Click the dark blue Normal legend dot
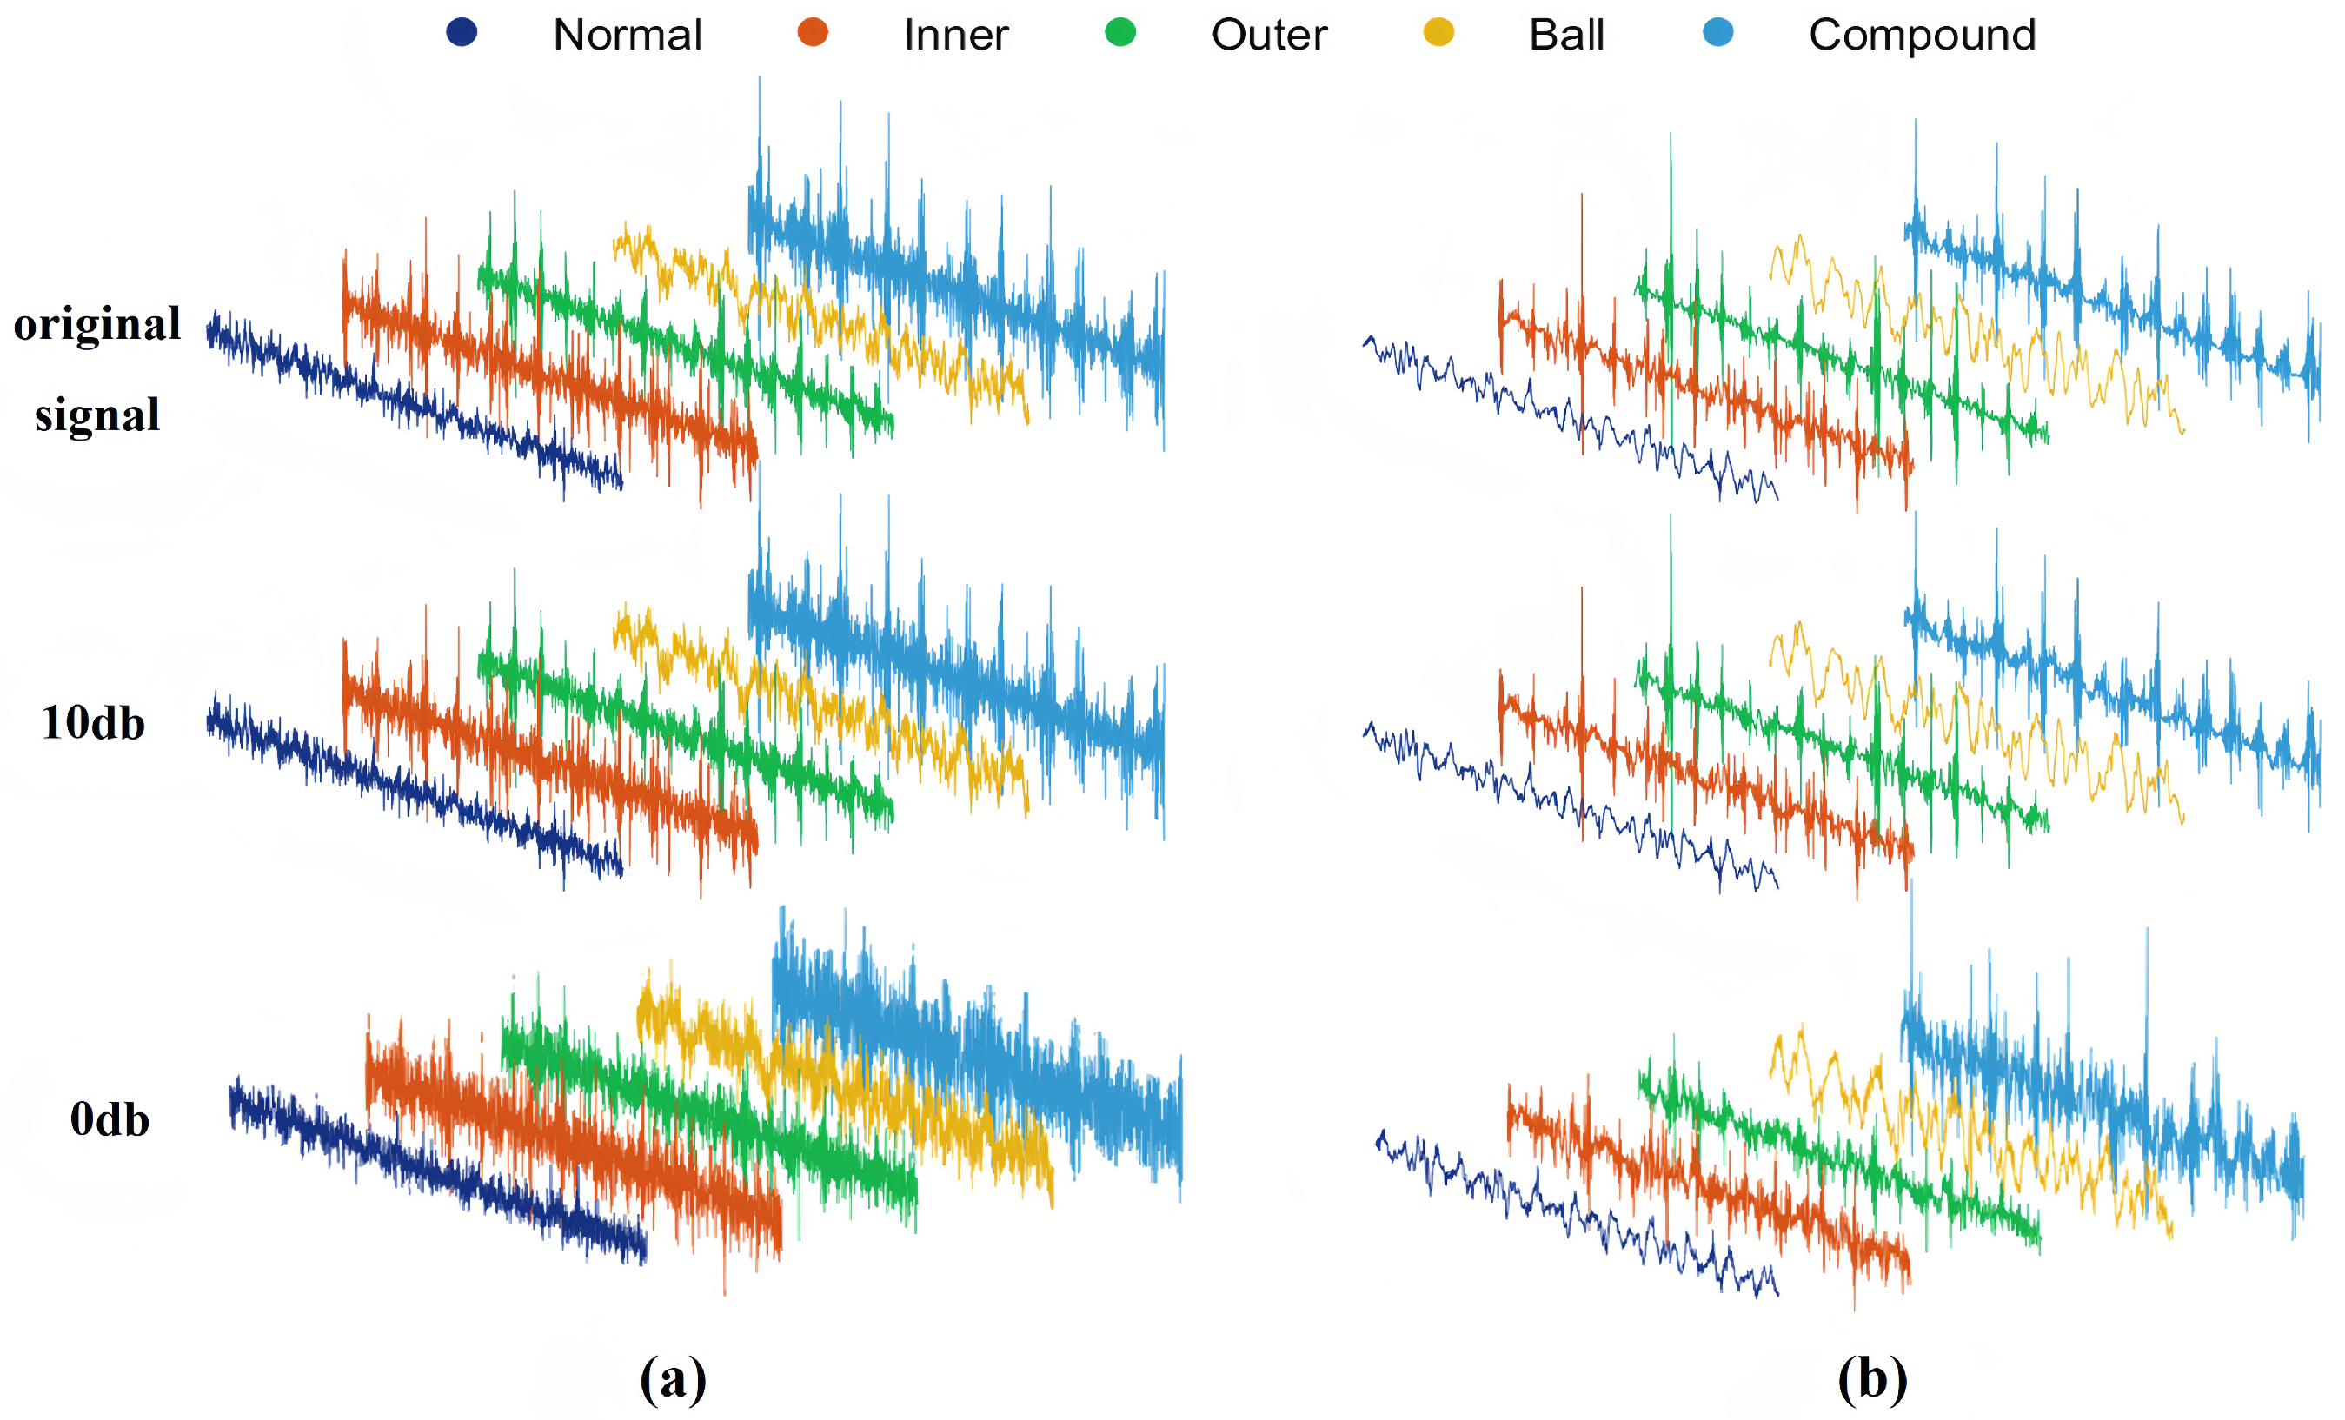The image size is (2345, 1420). [462, 32]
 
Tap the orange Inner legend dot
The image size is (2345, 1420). [813, 32]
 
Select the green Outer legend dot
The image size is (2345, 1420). [1120, 32]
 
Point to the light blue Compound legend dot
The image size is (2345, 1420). [1717, 32]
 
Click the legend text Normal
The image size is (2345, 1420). [628, 36]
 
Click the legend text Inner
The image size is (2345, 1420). [955, 36]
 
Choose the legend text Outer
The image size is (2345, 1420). [1269, 36]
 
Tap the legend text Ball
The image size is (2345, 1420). [1566, 36]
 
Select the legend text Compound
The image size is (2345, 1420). [1922, 36]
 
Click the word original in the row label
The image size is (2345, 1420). [97, 324]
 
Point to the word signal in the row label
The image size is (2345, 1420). [97, 415]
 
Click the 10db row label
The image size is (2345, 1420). [93, 723]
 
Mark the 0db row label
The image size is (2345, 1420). [110, 1120]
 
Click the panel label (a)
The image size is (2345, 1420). [673, 1378]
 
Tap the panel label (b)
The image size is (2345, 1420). [1872, 1378]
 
